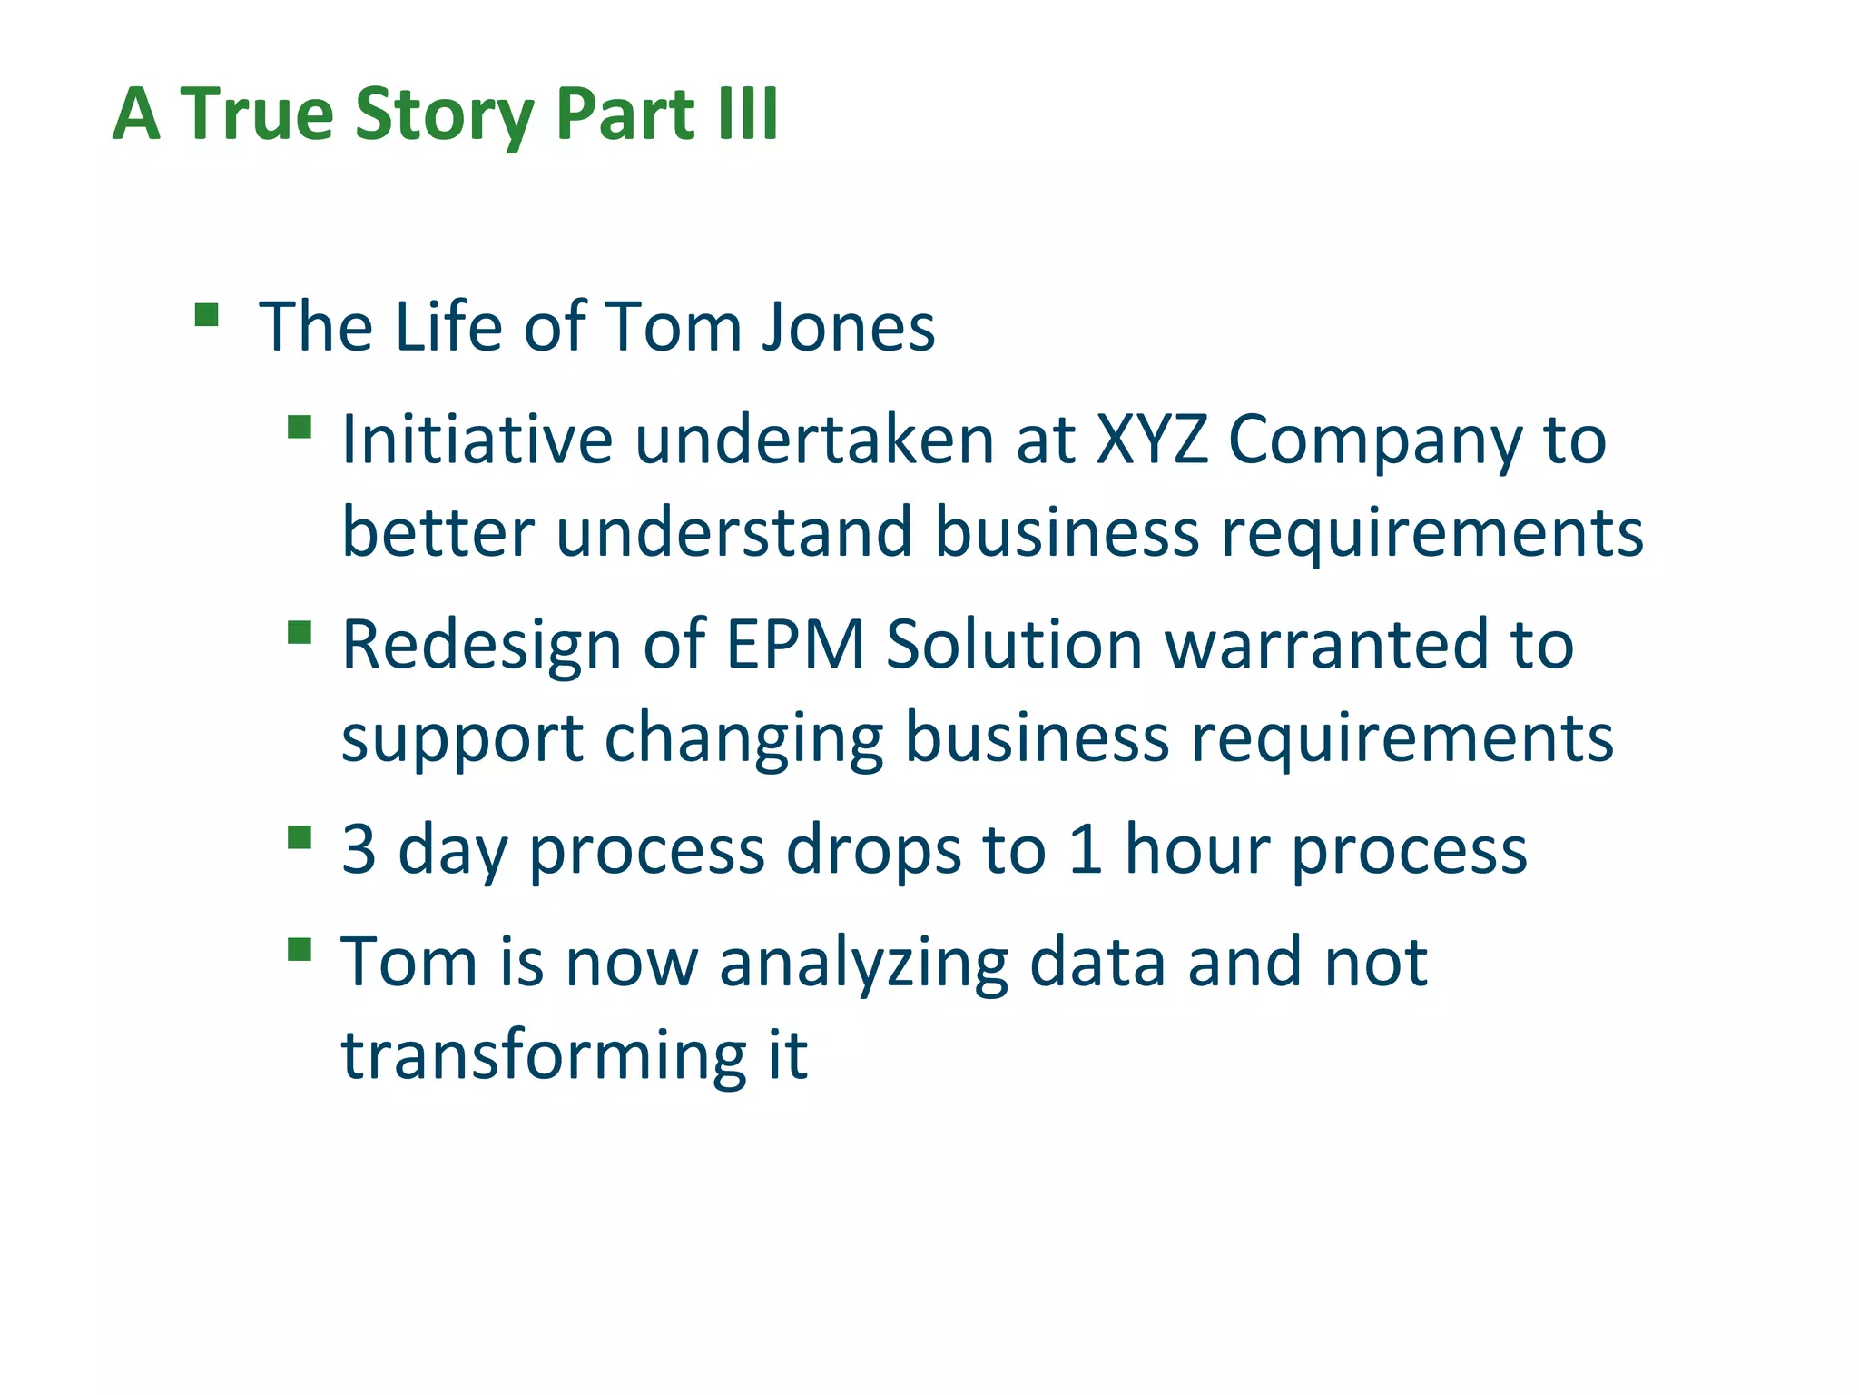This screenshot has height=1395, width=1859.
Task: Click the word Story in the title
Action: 444,116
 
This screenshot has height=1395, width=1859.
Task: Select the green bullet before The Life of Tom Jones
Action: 207,315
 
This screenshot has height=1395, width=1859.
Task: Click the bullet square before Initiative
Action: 300,427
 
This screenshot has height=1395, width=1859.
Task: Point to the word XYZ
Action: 1151,440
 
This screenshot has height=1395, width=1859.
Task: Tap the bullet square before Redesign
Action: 300,632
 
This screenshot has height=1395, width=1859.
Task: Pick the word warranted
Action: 1325,646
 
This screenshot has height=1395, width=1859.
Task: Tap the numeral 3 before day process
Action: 359,850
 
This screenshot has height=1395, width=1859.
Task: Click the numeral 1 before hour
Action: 1086,850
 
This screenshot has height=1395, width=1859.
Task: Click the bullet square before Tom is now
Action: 300,950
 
